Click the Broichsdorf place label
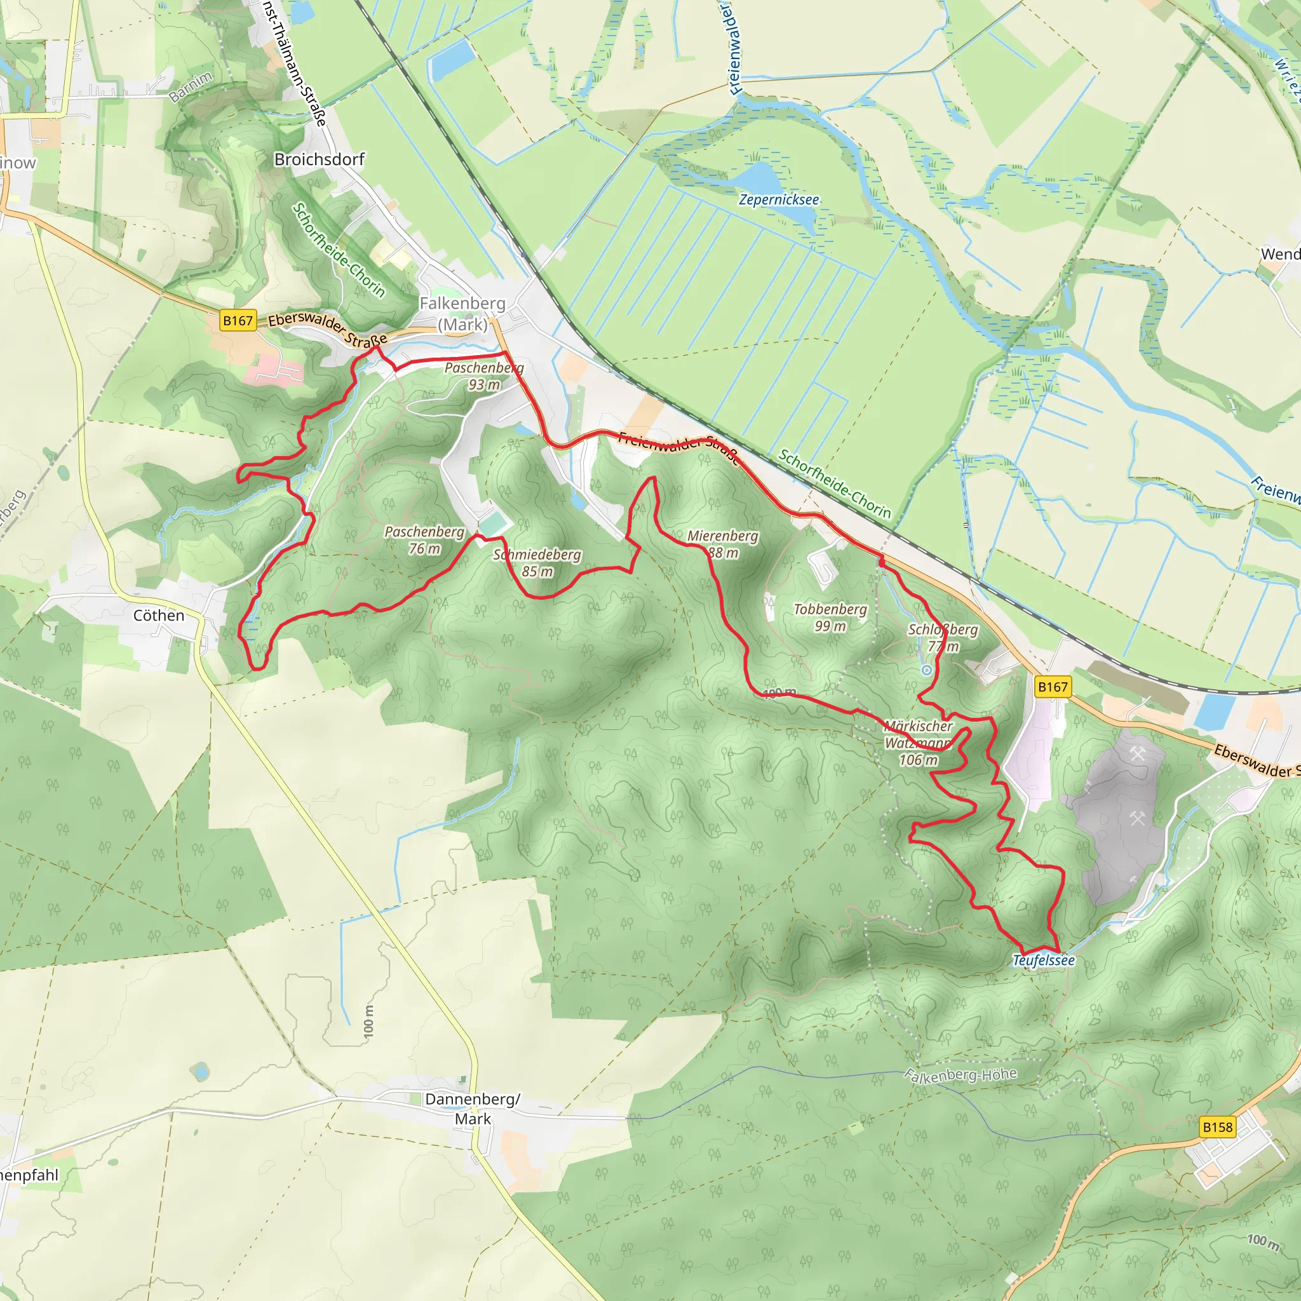click(319, 159)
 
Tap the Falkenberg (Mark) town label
click(462, 314)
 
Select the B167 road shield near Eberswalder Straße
click(238, 321)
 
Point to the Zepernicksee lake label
click(778, 200)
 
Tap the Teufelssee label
click(1044, 961)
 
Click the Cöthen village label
click(158, 616)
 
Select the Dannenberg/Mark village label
click(472, 1109)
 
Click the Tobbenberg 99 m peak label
click(830, 617)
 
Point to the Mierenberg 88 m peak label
click(722, 544)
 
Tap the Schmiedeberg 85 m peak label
click(537, 563)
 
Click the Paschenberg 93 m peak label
click(483, 377)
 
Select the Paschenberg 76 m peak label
click(424, 540)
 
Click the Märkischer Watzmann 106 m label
click(919, 743)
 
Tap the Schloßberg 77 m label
click(943, 638)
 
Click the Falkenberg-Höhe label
click(961, 1075)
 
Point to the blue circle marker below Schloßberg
click(927, 670)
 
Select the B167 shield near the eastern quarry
click(1053, 687)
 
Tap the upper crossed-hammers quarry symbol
click(1137, 754)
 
